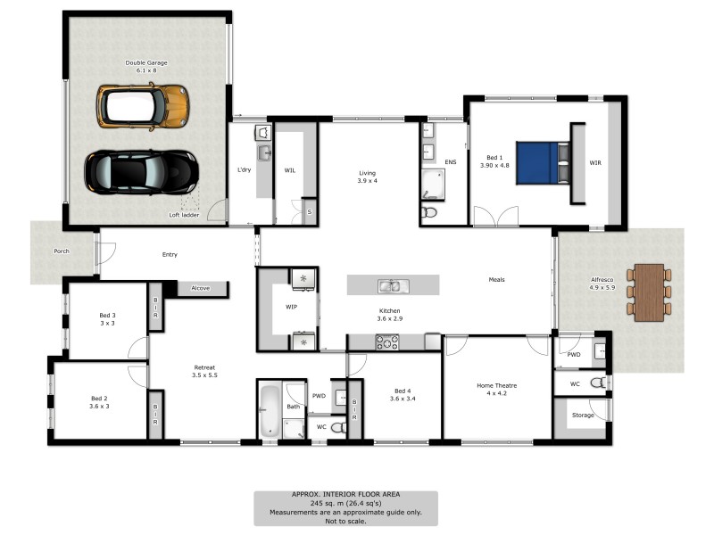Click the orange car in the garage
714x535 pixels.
tap(143, 105)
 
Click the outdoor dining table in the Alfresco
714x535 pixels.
tap(650, 292)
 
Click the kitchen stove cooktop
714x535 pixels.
tap(388, 341)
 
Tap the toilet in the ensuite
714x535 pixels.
tap(429, 212)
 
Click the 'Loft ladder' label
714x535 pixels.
tap(183, 215)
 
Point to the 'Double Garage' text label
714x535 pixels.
tap(146, 63)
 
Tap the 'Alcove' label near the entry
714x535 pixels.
tap(200, 288)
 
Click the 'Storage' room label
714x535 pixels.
tap(584, 415)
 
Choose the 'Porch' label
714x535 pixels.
tap(62, 251)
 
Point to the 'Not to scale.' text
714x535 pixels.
tap(345, 521)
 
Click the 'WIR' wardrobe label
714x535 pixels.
tap(594, 163)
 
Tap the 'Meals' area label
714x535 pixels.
tap(496, 280)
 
